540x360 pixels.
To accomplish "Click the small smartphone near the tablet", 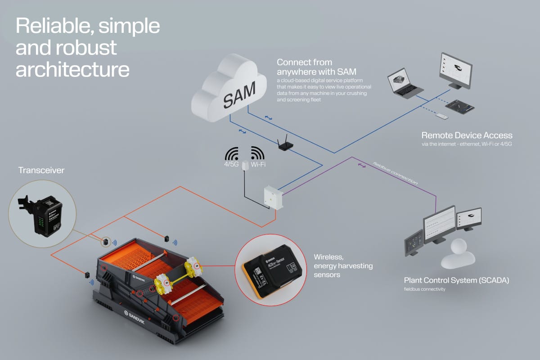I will coord(442,117).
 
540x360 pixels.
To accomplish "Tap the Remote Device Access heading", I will coord(467,135).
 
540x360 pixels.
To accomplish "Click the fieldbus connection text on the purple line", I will coord(396,173).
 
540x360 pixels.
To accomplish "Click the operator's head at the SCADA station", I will coord(459,246).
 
